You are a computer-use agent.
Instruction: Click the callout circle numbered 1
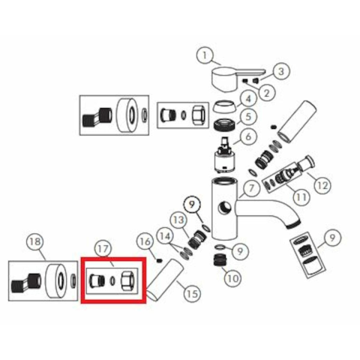[205, 55]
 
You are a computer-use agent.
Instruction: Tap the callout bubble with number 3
[281, 71]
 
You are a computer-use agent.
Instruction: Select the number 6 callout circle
[248, 136]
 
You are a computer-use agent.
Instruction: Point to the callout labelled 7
[251, 188]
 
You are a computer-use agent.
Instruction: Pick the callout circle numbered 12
[322, 185]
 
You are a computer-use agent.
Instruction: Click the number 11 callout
[301, 197]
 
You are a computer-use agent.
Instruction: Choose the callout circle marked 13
[178, 220]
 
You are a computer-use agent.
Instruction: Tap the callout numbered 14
[165, 236]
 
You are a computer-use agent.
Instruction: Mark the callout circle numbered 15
[192, 294]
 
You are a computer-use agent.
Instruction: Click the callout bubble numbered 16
[145, 241]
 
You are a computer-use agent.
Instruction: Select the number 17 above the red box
[103, 249]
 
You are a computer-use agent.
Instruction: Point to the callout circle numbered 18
[35, 241]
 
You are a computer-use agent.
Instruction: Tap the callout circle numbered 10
[232, 278]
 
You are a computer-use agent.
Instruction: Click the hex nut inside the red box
[128, 280]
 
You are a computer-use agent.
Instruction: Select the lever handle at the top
[237, 79]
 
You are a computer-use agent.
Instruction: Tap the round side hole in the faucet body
[224, 208]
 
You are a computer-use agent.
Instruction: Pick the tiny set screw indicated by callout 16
[159, 261]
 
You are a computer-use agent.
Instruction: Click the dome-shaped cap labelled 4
[224, 106]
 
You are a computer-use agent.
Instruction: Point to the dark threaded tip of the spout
[293, 224]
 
